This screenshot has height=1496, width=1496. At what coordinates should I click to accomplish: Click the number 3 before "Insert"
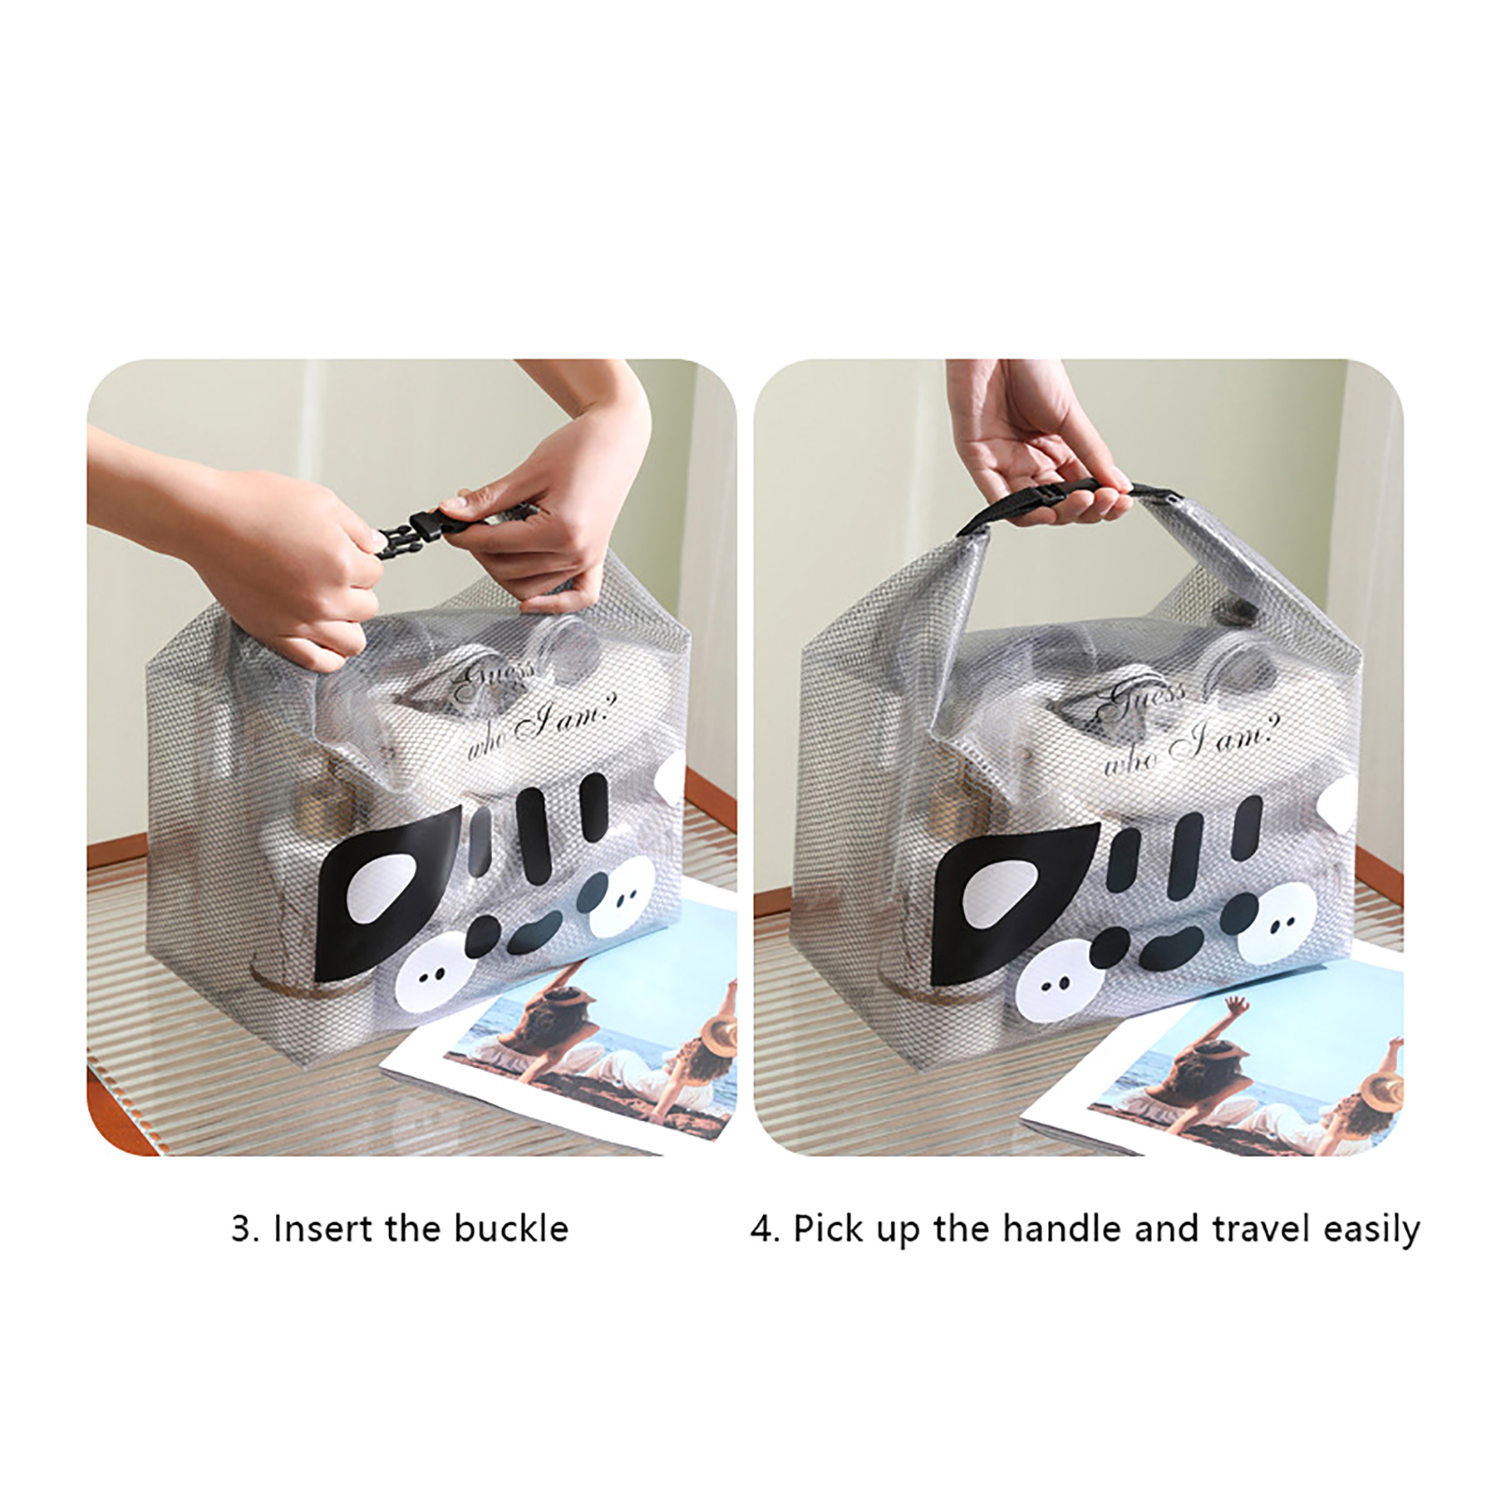pos(241,1229)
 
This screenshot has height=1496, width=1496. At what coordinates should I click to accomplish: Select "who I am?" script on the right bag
pos(1187,743)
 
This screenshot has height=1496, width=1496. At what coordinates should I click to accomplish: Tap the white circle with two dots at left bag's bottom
pos(434,976)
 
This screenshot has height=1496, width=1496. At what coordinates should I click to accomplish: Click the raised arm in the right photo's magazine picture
pos(1236,1014)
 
